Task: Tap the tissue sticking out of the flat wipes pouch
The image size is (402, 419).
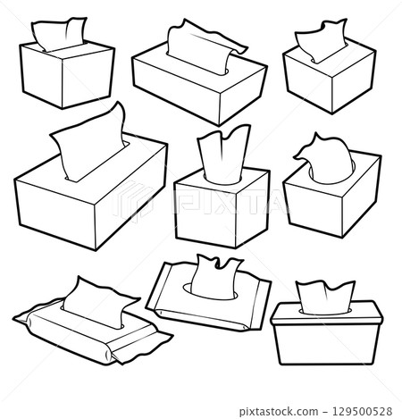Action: (214, 272)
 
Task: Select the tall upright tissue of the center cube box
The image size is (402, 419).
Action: (218, 158)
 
